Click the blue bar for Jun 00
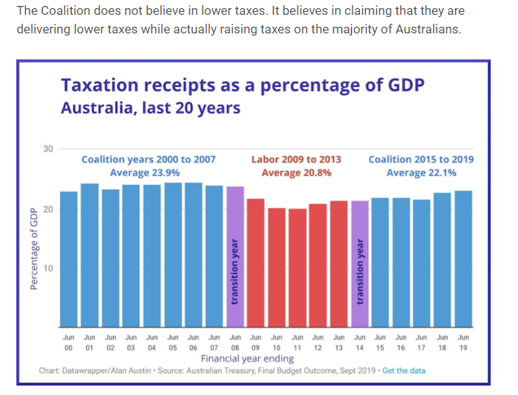[x=69, y=260]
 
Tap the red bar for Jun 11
[x=298, y=268]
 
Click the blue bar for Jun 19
[x=464, y=259]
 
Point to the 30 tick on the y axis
[x=48, y=149]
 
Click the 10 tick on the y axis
[x=48, y=268]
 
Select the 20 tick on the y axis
[x=48, y=209]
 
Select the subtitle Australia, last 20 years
[x=151, y=108]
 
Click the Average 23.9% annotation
[x=140, y=173]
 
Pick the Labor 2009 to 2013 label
[x=297, y=159]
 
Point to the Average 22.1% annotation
[x=422, y=173]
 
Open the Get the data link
[x=404, y=370]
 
